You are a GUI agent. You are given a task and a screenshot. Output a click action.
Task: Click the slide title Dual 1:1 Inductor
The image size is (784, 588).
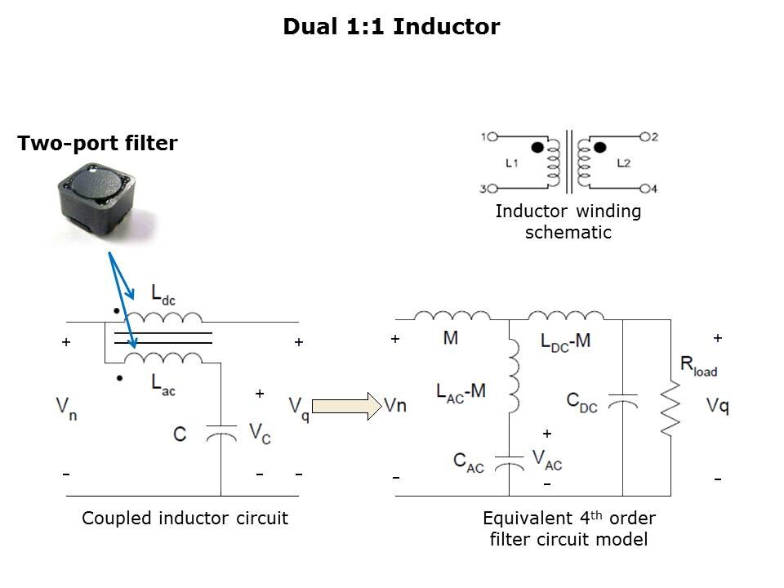[391, 27]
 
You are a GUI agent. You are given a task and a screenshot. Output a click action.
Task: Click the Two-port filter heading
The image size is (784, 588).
[97, 144]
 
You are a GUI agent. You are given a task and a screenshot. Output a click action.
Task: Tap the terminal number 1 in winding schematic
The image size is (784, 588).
[483, 136]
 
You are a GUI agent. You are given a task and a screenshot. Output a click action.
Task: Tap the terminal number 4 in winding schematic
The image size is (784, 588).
[653, 189]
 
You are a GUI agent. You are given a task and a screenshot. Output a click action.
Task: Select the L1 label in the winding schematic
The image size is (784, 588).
[512, 163]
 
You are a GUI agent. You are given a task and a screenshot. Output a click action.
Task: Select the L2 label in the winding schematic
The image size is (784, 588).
[624, 163]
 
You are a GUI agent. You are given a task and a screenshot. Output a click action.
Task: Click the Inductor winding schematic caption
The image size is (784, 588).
[568, 221]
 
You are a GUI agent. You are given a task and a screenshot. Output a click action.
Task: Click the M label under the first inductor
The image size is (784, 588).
[451, 338]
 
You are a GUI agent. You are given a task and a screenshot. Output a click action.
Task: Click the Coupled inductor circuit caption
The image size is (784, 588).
[185, 518]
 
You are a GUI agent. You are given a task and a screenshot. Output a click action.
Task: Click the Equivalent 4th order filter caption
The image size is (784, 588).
[569, 528]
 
